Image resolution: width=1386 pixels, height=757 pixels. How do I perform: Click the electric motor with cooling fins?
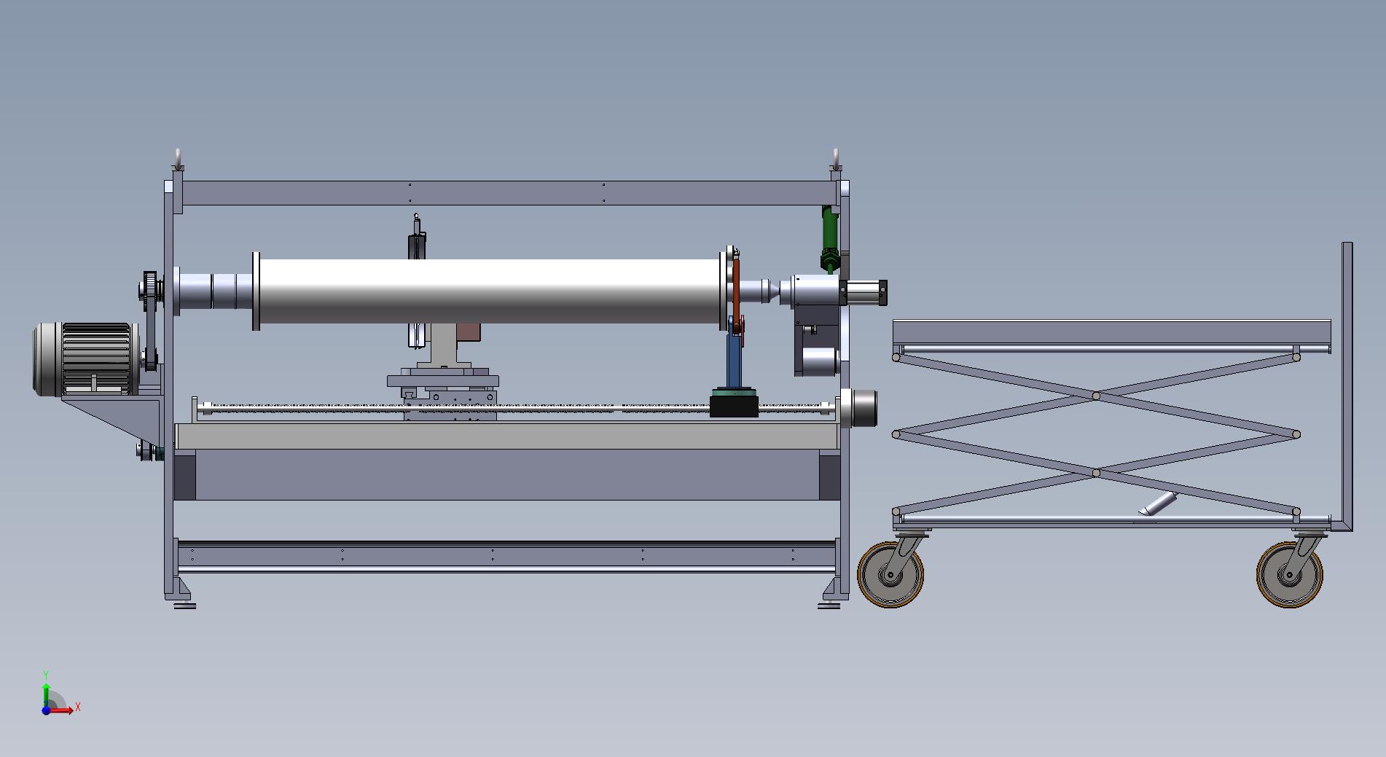click(86, 359)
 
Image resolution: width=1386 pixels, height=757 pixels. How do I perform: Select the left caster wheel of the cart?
click(890, 575)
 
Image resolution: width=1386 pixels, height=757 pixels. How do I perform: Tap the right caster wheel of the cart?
click(1289, 575)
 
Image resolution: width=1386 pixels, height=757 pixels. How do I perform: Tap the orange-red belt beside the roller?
click(736, 291)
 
